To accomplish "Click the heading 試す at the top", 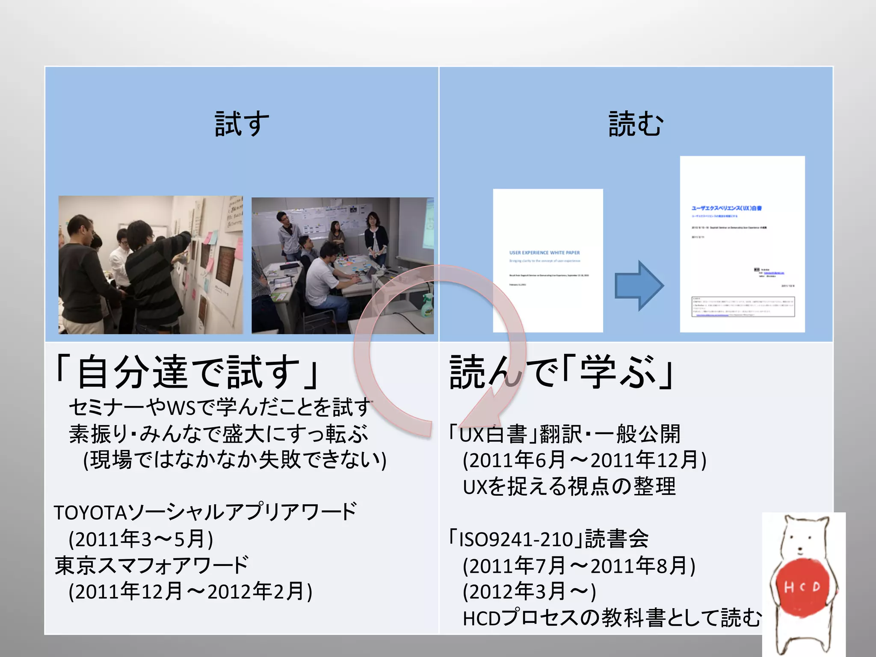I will click(242, 124).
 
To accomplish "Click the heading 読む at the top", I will click(636, 124).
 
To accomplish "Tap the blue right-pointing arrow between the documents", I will click(639, 285).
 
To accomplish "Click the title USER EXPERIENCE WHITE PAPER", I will click(545, 253).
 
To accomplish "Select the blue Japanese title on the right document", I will click(726, 208).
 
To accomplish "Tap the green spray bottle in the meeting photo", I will click(427, 305).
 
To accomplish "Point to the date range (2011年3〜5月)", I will click(141, 539).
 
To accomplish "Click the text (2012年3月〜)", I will click(530, 592).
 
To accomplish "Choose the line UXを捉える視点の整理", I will click(569, 487).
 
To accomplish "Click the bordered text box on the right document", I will click(743, 307).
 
